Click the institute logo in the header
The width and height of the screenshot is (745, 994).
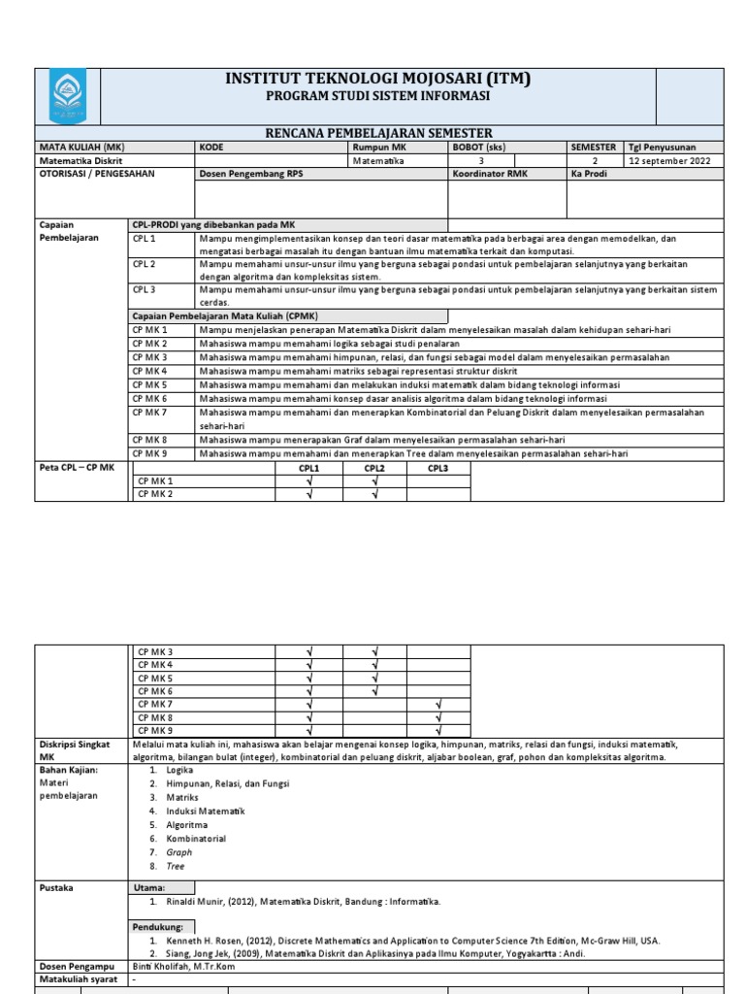pos(67,96)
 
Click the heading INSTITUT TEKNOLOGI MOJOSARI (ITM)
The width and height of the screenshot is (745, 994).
pos(377,80)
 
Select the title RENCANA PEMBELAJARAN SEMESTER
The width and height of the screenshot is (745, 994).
pos(378,133)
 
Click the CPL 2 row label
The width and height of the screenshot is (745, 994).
pos(145,264)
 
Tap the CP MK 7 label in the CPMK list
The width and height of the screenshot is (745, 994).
pos(150,413)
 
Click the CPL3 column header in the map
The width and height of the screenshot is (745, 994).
pos(437,468)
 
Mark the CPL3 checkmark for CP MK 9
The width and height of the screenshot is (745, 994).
pos(438,730)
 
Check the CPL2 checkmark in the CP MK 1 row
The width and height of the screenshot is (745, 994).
pos(374,481)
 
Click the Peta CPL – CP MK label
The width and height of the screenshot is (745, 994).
pos(75,468)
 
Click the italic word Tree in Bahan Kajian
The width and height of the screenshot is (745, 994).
pos(176,866)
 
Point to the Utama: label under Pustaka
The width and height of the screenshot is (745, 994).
pos(149,887)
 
